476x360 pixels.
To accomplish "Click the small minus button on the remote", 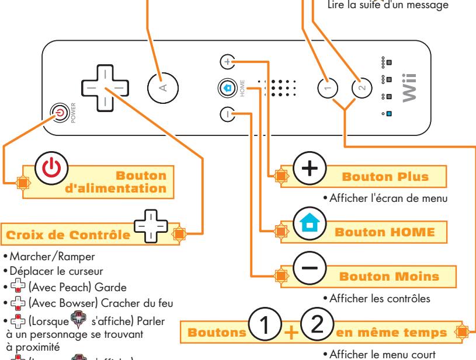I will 227,114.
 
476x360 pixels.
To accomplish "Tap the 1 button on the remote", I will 328,88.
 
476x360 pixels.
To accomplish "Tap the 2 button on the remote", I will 362,88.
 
